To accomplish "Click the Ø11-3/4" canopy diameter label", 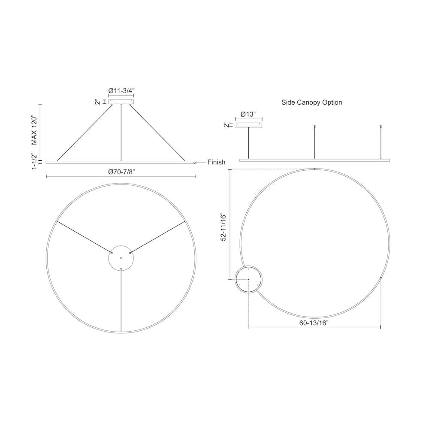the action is click(121, 91).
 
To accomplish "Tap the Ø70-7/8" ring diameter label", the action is click(121, 172).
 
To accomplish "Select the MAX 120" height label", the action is click(34, 131).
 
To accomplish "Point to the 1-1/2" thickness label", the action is click(34, 161).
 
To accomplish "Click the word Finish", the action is click(216, 162).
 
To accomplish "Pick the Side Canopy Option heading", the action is click(311, 103).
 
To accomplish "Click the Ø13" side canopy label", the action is click(248, 115).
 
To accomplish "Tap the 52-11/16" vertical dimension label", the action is click(224, 227).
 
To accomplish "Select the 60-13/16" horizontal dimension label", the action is click(314, 323).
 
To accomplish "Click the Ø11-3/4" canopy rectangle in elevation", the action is click(121, 102).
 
